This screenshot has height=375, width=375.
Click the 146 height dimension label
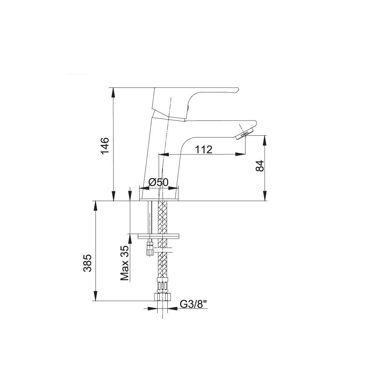click(105, 146)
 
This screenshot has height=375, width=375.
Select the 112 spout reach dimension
click(204, 150)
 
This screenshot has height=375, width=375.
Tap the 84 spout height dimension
click(260, 166)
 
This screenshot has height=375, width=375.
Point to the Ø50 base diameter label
click(158, 183)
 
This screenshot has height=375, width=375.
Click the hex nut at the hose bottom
click(162, 297)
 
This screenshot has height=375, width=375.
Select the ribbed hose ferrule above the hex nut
click(162, 285)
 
